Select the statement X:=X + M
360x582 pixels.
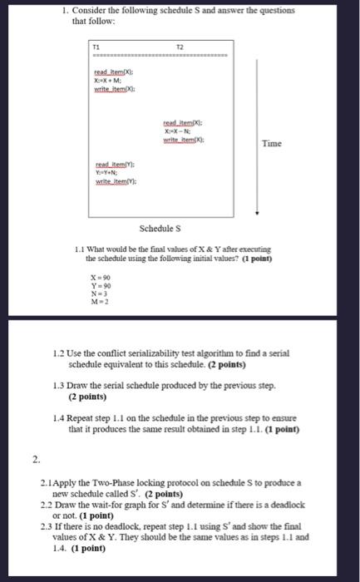[x=111, y=80]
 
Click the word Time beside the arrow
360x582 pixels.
[x=272, y=144]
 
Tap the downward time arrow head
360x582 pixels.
[x=257, y=213]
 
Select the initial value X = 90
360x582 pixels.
[x=101, y=279]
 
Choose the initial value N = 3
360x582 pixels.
[x=98, y=293]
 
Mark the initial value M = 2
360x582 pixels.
[x=99, y=301]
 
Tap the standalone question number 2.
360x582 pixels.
[x=35, y=459]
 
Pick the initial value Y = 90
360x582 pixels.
[x=101, y=286]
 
